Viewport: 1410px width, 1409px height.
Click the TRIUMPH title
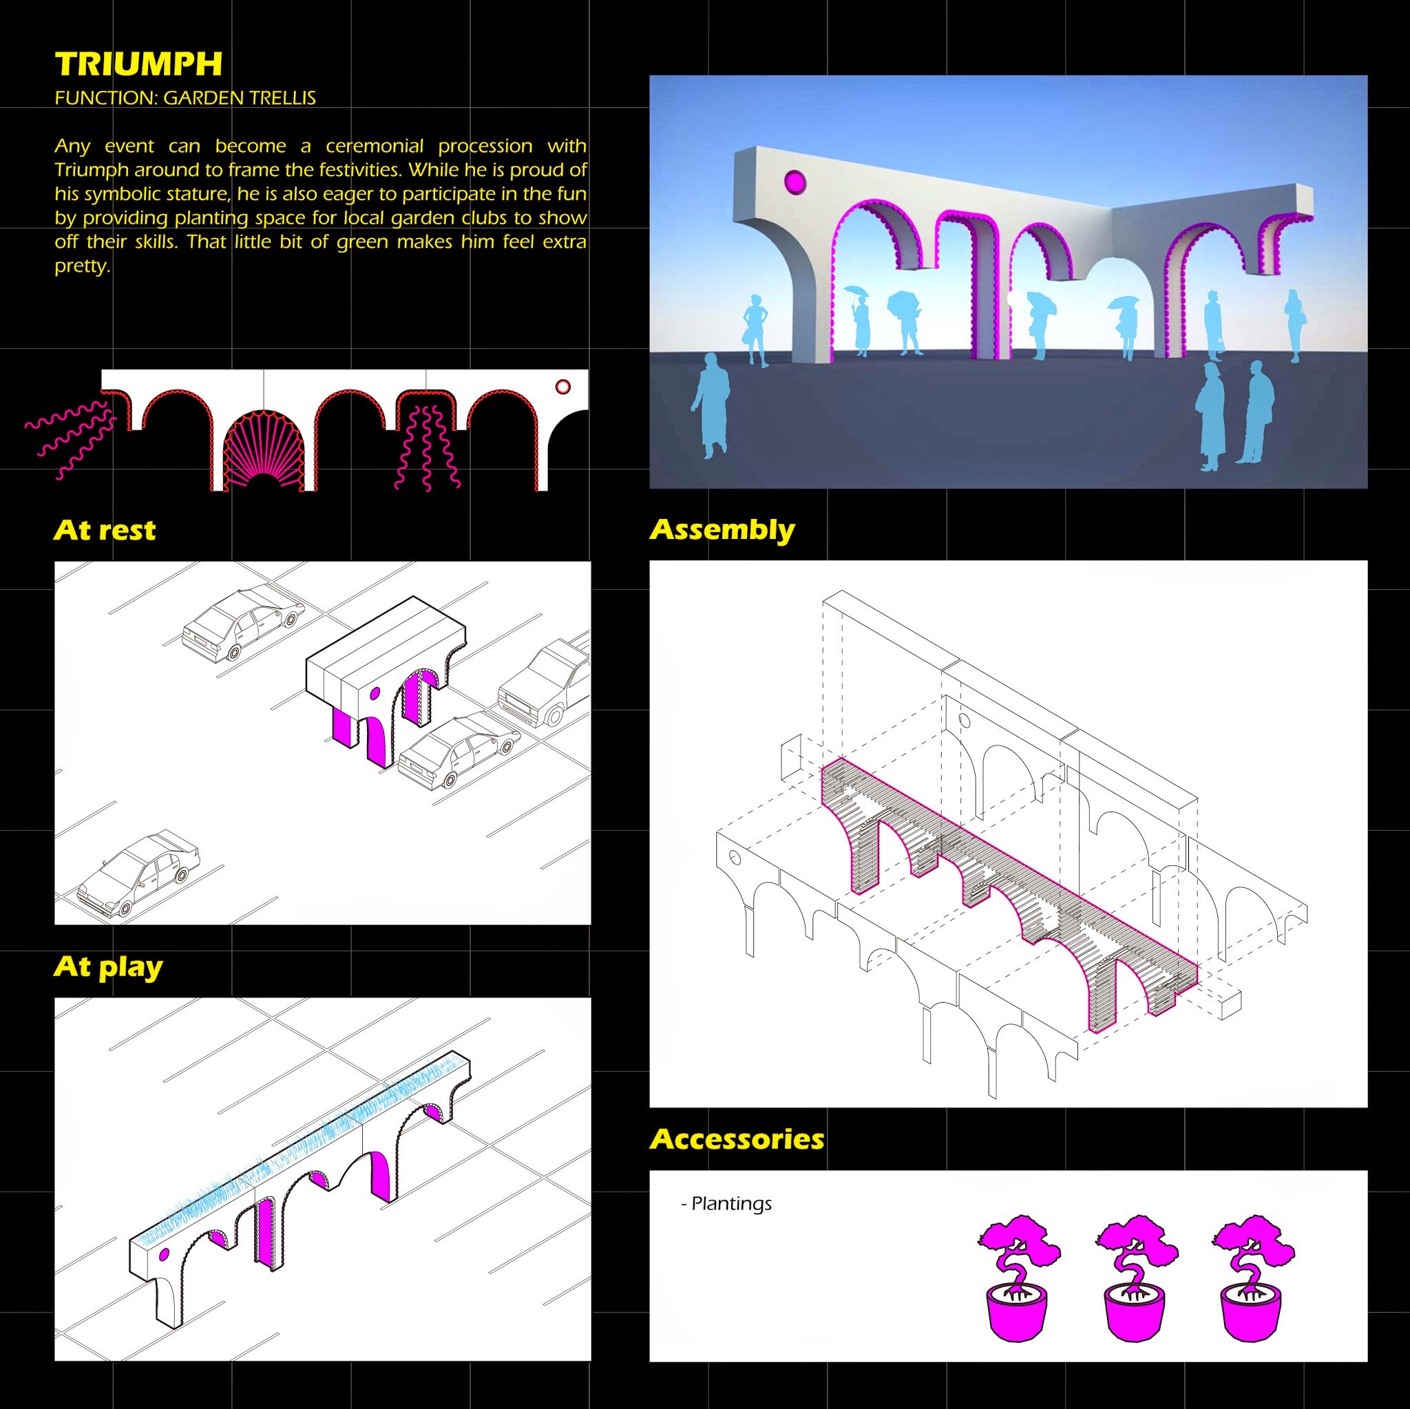point(138,64)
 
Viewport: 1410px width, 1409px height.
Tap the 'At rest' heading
point(105,530)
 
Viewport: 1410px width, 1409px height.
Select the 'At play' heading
point(108,968)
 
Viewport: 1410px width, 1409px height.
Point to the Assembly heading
point(722,531)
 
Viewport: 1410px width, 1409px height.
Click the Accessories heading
point(737,1139)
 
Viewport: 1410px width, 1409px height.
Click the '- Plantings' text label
point(726,1203)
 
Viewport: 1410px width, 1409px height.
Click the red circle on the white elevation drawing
point(562,387)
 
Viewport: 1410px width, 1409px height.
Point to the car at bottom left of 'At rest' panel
point(138,874)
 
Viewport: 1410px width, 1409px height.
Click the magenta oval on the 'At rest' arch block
point(375,692)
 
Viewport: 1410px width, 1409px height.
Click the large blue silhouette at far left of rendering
point(710,405)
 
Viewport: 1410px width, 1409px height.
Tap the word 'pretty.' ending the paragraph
point(83,266)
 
